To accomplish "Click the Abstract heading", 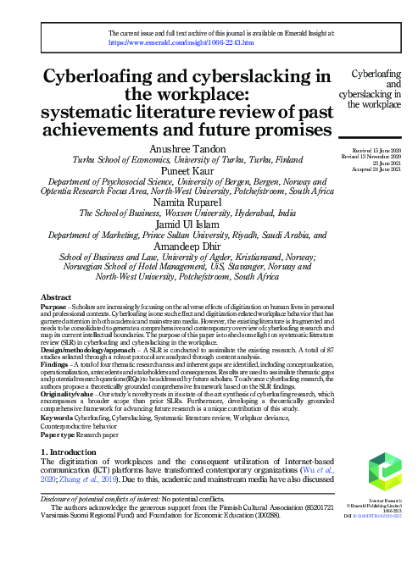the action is pyautogui.click(x=57, y=297).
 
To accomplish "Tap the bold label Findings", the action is pyautogui.click(x=56, y=363).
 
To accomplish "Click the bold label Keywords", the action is pyautogui.click(x=58, y=418).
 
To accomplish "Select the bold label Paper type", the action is pyautogui.click(x=60, y=433).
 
